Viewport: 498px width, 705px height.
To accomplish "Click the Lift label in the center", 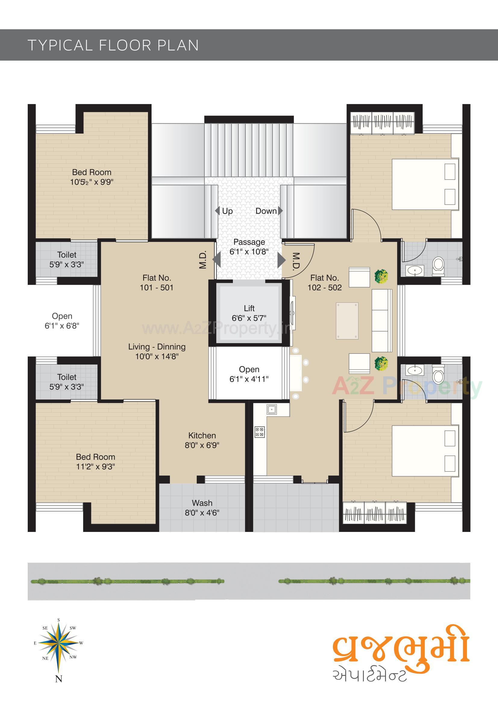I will click(249, 313).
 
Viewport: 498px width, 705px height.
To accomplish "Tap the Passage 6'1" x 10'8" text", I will click(249, 247).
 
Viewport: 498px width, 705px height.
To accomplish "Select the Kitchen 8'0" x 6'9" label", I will click(202, 440).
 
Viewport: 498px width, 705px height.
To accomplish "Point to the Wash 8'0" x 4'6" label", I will click(202, 507).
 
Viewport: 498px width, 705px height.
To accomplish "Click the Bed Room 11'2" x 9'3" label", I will click(96, 461).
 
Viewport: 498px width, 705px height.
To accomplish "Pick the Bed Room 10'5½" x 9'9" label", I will click(92, 177).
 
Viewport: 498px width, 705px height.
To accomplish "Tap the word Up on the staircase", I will click(227, 211).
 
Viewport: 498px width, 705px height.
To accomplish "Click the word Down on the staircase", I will click(266, 211).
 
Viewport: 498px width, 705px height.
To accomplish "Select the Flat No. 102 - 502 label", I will click(324, 283).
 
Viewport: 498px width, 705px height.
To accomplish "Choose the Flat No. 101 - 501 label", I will click(156, 283).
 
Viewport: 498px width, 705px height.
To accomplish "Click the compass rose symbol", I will click(59, 643).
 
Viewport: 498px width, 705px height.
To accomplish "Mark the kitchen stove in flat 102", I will click(260, 432).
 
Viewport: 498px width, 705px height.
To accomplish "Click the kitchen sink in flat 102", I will click(271, 409).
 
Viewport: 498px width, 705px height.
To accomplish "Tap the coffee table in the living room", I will click(347, 321).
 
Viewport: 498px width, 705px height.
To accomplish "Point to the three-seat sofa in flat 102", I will click(381, 320).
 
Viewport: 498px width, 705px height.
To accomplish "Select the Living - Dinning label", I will click(157, 351).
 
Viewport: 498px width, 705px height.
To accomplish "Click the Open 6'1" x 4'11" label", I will click(249, 374).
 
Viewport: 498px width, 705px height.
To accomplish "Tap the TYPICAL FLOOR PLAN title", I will click(113, 45).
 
